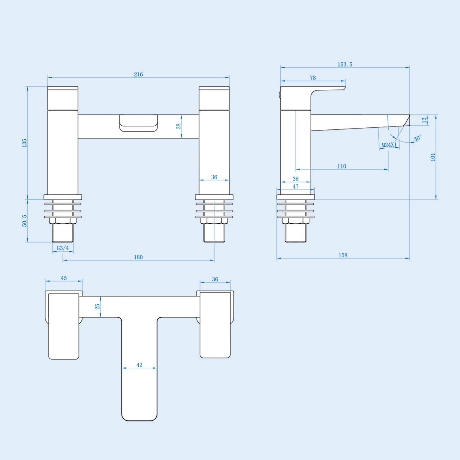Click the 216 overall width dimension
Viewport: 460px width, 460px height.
coord(138,74)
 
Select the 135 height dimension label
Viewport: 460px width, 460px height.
coord(25,143)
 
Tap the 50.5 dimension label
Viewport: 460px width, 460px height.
coord(25,221)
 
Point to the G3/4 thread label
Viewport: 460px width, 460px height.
coord(63,248)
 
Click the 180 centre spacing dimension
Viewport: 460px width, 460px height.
coord(138,257)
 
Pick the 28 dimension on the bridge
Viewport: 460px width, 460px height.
coord(179,126)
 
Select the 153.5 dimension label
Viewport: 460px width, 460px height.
coord(345,64)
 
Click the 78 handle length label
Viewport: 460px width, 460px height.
coord(313,78)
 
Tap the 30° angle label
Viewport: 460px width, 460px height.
coord(417,138)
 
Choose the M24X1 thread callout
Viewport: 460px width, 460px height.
coord(389,145)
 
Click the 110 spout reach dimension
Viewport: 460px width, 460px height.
coord(342,166)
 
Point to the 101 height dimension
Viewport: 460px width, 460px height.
coord(433,157)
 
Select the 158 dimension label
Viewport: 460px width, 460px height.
coord(343,255)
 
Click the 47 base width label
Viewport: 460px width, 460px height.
coord(296,187)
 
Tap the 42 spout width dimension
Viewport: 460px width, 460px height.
coord(139,365)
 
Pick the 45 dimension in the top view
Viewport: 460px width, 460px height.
coord(64,278)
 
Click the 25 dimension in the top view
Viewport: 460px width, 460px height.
coord(98,306)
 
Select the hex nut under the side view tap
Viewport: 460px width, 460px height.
coord(296,221)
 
